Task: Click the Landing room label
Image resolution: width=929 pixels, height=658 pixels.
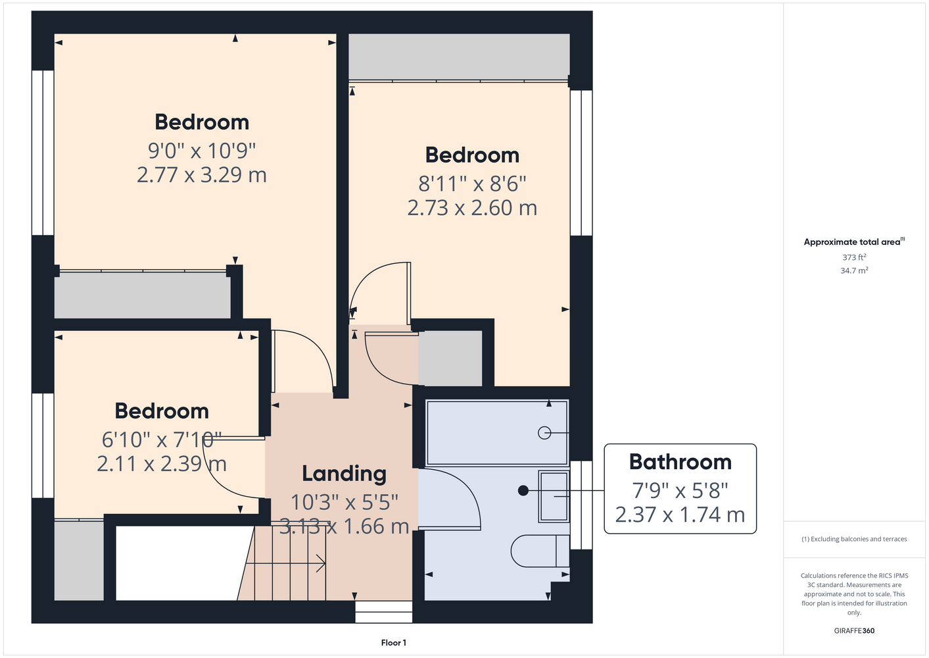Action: click(x=344, y=474)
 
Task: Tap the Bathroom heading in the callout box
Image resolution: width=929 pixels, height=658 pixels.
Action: click(x=680, y=462)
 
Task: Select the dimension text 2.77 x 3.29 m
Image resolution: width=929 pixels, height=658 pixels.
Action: click(x=202, y=175)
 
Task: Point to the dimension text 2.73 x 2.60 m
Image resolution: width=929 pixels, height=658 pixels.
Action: click(x=472, y=208)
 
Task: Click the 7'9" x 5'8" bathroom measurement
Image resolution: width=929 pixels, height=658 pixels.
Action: click(x=680, y=490)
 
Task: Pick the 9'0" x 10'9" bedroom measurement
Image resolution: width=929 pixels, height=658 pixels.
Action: click(x=202, y=150)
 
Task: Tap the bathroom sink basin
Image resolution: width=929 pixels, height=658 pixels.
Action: click(x=554, y=497)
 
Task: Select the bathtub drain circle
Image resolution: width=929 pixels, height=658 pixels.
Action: click(x=544, y=433)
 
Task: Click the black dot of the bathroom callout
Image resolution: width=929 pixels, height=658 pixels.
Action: click(x=523, y=491)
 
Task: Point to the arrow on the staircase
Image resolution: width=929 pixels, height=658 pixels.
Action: click(x=285, y=563)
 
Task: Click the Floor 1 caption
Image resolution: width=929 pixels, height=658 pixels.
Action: click(x=394, y=643)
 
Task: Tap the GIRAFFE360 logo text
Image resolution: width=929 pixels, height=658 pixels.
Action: click(x=854, y=630)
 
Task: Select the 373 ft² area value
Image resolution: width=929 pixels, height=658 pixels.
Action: click(x=854, y=257)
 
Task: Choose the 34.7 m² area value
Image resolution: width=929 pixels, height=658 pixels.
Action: click(x=854, y=270)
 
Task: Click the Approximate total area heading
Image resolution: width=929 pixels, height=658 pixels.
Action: click(x=854, y=241)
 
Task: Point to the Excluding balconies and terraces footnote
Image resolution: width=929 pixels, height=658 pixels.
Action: click(x=854, y=539)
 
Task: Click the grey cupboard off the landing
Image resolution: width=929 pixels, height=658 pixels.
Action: click(x=450, y=358)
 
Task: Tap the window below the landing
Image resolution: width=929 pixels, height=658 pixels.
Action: click(x=383, y=612)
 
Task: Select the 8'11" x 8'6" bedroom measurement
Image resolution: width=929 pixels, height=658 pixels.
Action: click(x=472, y=184)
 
